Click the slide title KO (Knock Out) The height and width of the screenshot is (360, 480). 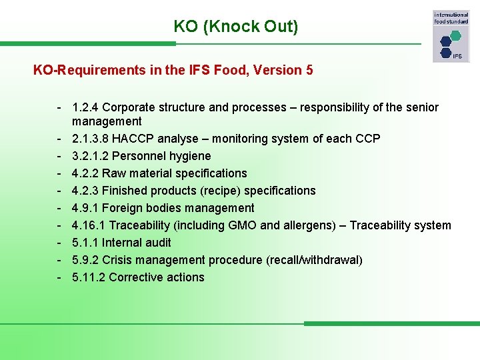click(x=236, y=27)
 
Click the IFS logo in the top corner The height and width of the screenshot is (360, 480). click(x=451, y=37)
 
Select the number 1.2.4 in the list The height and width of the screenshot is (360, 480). click(x=85, y=107)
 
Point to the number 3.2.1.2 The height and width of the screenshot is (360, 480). click(x=93, y=156)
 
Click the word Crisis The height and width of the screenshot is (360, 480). click(x=117, y=260)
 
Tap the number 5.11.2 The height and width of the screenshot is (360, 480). click(x=89, y=277)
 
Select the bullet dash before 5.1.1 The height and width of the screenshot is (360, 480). click(x=60, y=243)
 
